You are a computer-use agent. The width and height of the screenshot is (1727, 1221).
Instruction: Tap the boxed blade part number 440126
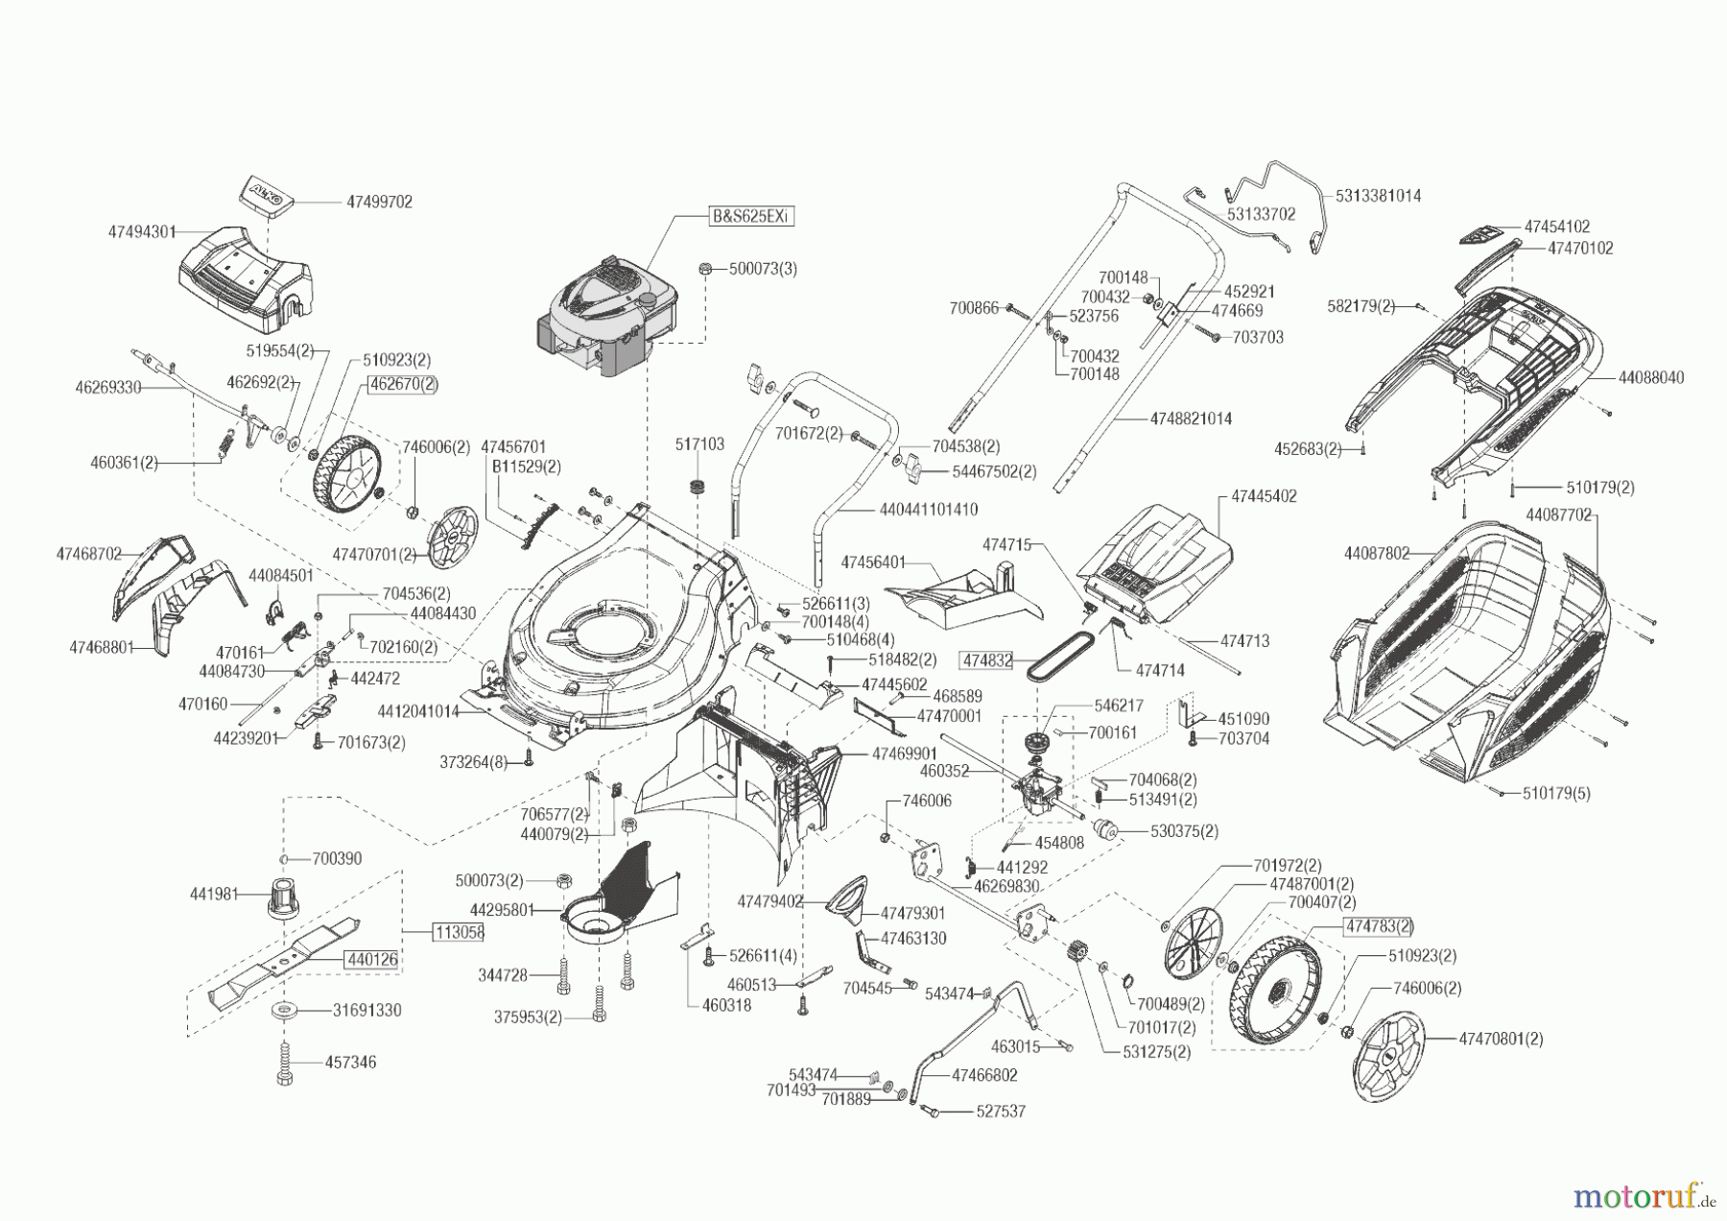[373, 958]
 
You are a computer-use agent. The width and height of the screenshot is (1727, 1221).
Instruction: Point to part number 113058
[459, 931]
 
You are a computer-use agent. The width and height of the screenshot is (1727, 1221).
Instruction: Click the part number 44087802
[1377, 553]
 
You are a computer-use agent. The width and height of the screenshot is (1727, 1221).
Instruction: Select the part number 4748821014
[1190, 419]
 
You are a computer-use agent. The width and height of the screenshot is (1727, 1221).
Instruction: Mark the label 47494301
[142, 231]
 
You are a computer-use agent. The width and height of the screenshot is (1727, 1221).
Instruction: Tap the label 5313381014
[1378, 195]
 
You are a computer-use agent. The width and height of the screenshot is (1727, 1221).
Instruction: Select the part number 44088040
[1650, 378]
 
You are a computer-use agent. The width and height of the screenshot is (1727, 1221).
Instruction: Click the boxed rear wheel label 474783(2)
[1379, 925]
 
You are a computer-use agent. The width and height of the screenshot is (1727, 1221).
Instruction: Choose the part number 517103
[699, 444]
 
